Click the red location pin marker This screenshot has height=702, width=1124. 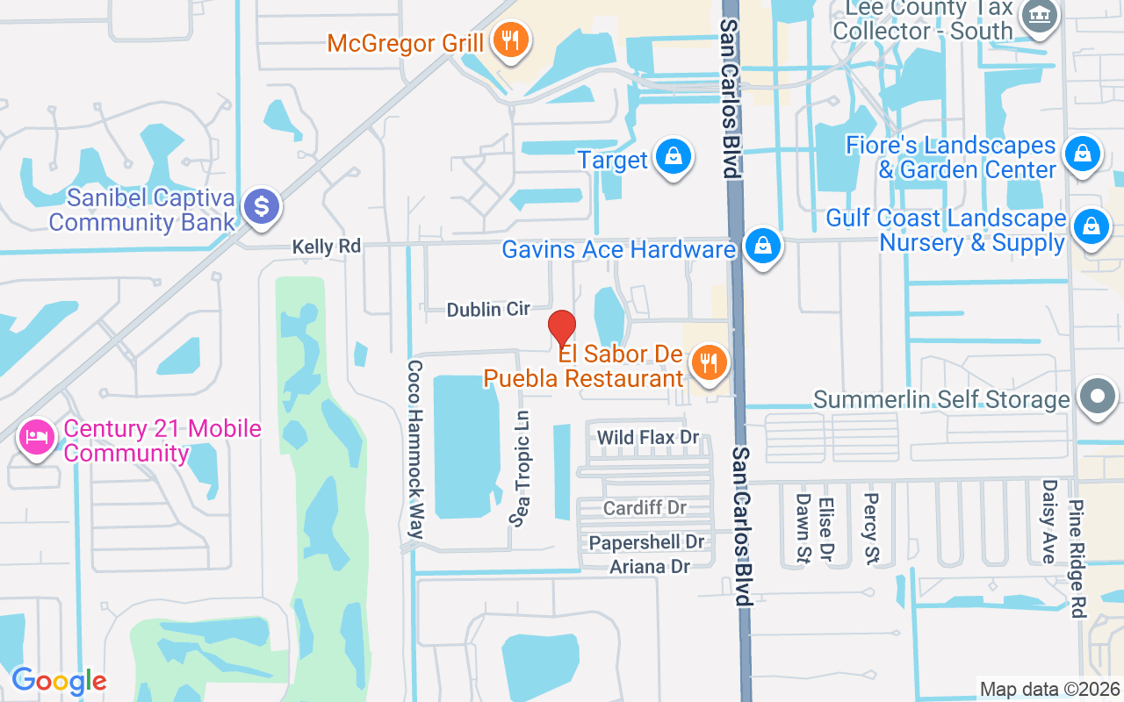562,328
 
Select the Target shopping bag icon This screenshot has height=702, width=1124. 674,158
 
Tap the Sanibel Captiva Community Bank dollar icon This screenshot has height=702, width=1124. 261,207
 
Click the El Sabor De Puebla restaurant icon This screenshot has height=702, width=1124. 708,362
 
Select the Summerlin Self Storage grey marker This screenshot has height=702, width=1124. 1097,397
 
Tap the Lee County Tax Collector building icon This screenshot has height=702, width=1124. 1041,15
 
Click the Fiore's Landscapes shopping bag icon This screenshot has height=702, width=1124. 1083,154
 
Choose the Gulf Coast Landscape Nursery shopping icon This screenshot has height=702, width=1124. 1091,226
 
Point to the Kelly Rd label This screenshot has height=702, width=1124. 327,247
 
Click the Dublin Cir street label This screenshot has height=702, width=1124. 488,309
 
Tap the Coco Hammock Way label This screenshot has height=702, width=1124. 415,449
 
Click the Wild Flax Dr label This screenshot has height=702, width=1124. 647,437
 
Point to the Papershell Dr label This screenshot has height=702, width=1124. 647,543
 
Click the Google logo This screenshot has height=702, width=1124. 58,681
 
